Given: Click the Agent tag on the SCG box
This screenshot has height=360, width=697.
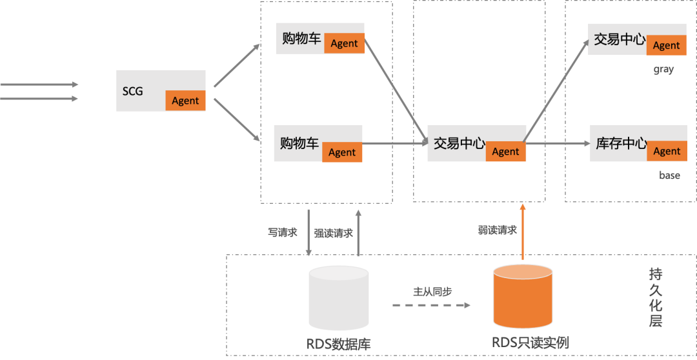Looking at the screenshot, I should (185, 101).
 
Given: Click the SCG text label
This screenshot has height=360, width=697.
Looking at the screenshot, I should (132, 91).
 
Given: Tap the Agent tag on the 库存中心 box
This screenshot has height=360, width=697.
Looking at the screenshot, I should (667, 151).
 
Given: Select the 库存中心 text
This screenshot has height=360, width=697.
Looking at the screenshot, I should (621, 143).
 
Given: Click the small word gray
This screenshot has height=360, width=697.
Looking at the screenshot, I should (663, 69).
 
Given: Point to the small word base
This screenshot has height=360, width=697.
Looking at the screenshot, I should (669, 175).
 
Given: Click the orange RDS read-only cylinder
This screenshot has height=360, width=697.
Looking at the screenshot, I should (523, 297).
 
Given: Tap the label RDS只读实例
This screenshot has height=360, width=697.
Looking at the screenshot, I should (530, 343).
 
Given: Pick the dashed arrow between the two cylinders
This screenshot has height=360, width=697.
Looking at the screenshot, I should (431, 305).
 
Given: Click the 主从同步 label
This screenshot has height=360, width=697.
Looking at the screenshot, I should (432, 292).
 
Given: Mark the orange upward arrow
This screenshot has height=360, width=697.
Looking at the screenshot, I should (523, 232).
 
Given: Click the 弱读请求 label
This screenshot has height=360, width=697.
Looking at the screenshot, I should (497, 230).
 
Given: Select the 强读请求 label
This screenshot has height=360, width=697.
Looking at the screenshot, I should (333, 233).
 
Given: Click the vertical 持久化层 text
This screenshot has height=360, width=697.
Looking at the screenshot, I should (656, 297).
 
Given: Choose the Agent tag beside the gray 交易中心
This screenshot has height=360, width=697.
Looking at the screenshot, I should (666, 45).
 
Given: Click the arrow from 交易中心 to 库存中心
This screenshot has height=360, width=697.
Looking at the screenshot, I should (555, 143).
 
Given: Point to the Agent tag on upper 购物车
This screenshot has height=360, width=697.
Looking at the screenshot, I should (344, 43).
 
